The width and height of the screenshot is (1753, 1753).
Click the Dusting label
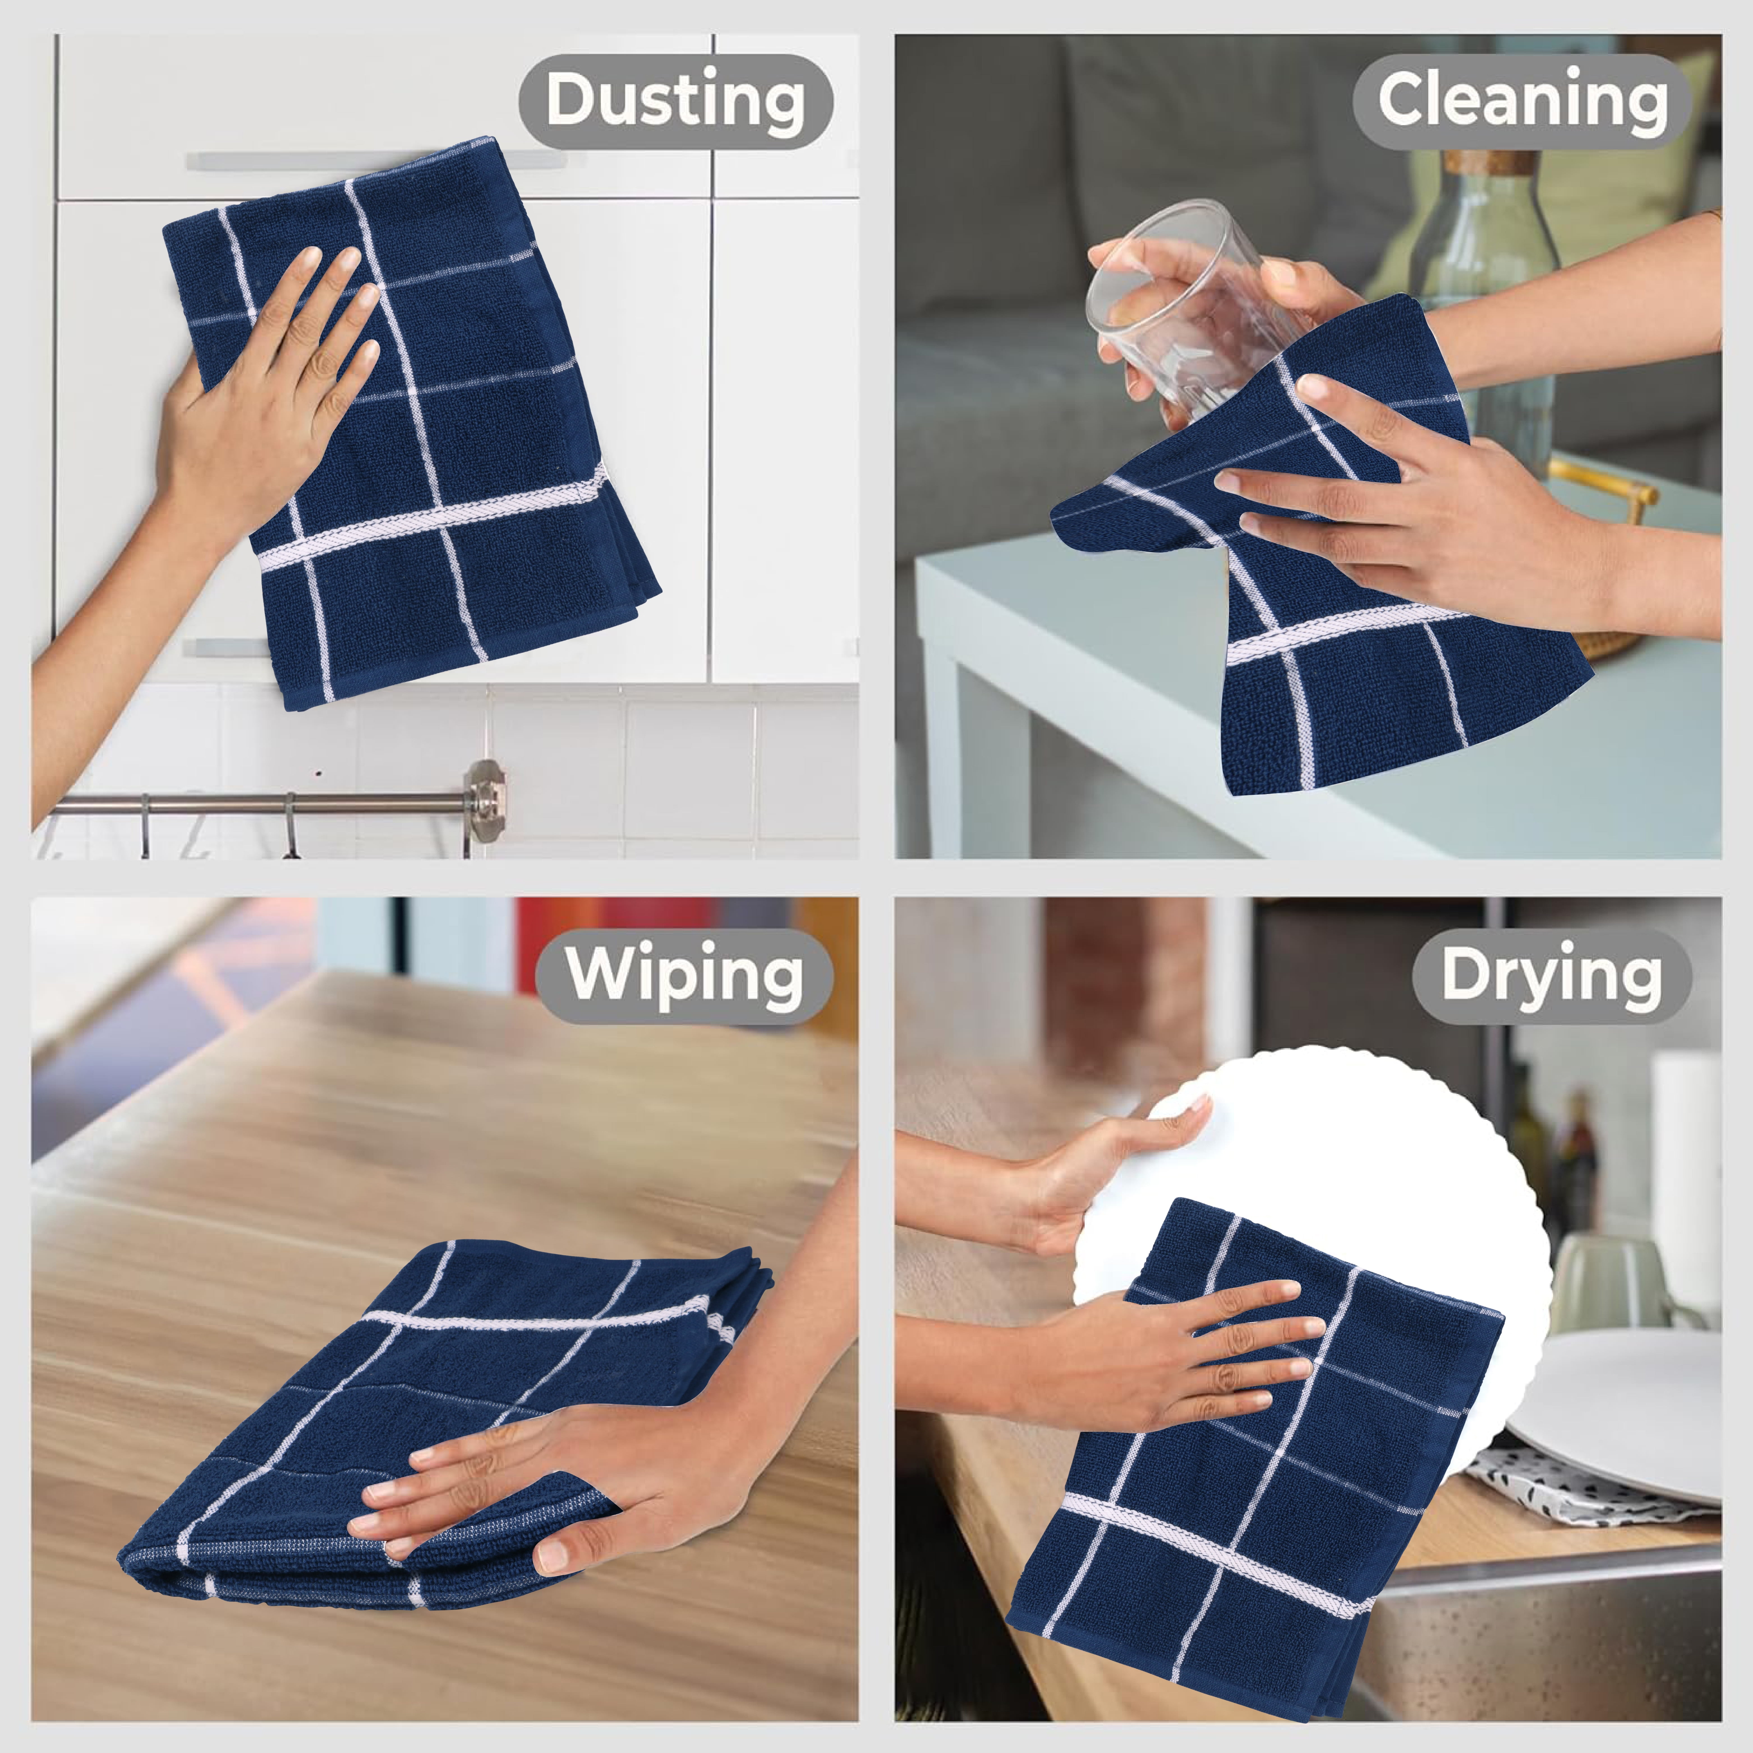pyautogui.click(x=676, y=101)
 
